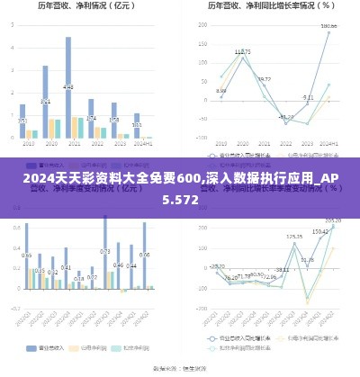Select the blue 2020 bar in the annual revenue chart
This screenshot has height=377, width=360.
point(45,99)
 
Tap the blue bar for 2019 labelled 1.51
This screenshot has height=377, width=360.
point(22,121)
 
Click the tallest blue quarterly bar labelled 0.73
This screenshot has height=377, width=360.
point(104,261)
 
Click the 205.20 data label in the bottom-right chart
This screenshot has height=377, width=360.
point(333,220)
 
